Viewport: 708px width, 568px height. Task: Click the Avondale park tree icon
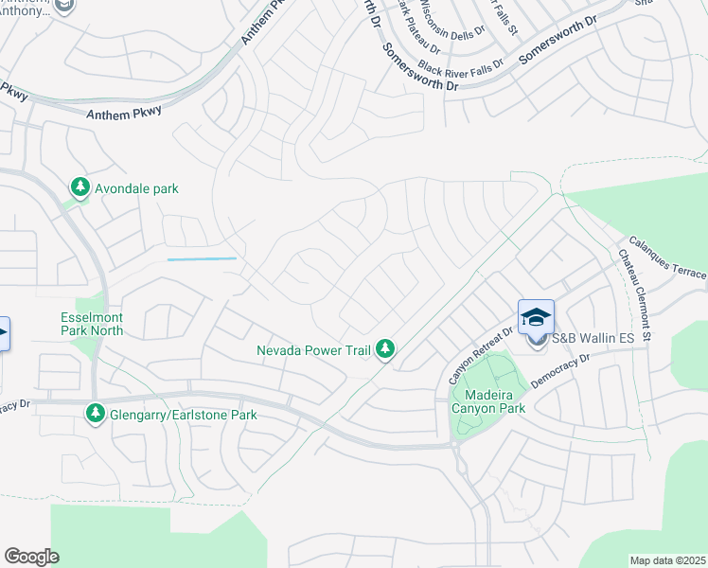tap(81, 187)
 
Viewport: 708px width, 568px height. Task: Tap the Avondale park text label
tap(136, 188)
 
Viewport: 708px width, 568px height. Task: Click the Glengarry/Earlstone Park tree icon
tap(96, 414)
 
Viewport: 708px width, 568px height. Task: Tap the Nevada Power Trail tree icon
tap(385, 350)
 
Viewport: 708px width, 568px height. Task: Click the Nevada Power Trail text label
tap(313, 350)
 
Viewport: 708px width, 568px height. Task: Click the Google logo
tap(31, 557)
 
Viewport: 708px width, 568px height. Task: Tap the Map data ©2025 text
tap(667, 560)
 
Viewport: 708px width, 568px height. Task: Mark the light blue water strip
tap(202, 258)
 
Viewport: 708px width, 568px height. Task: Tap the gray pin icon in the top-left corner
tap(65, 7)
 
